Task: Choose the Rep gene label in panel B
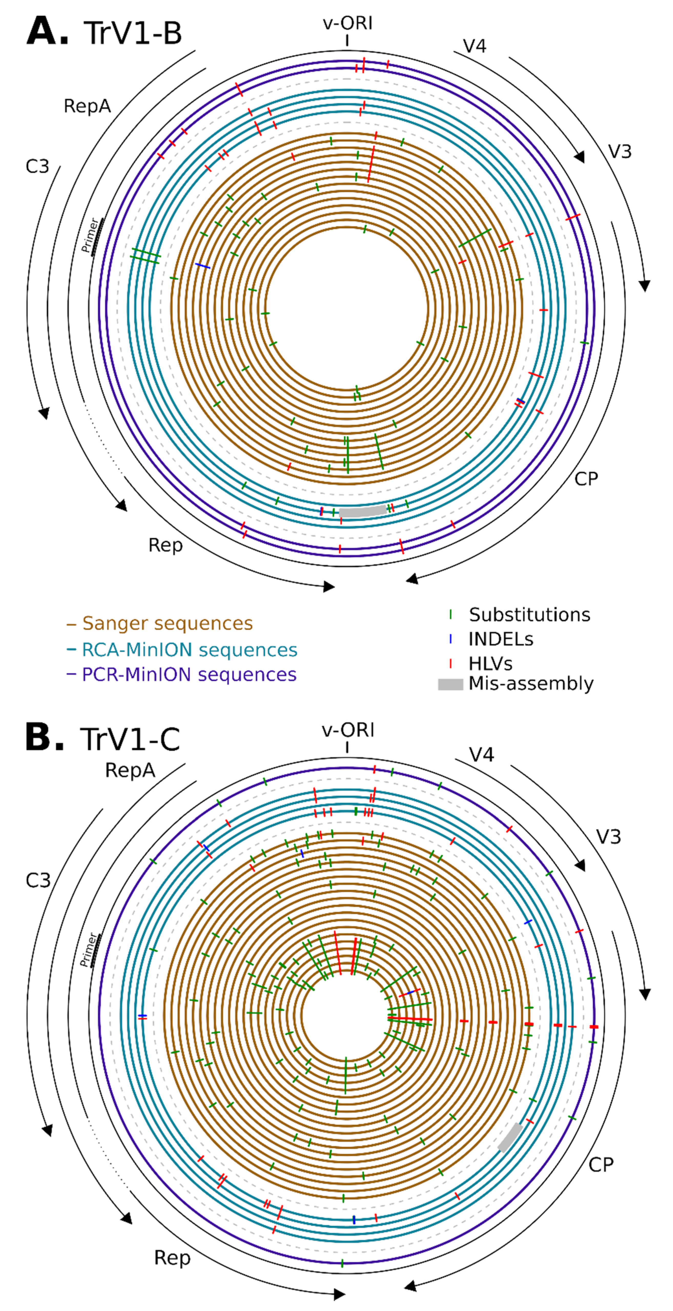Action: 172,1258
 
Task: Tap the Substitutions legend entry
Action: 529,615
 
